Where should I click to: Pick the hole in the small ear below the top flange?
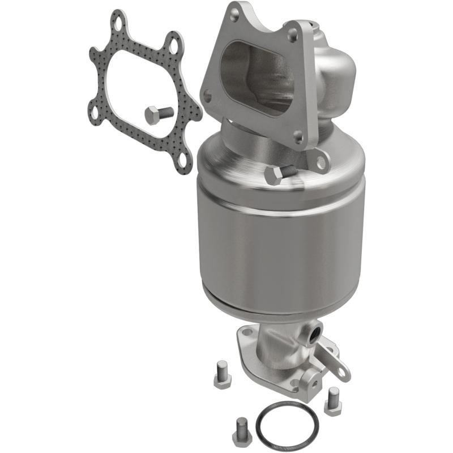(x=322, y=163)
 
